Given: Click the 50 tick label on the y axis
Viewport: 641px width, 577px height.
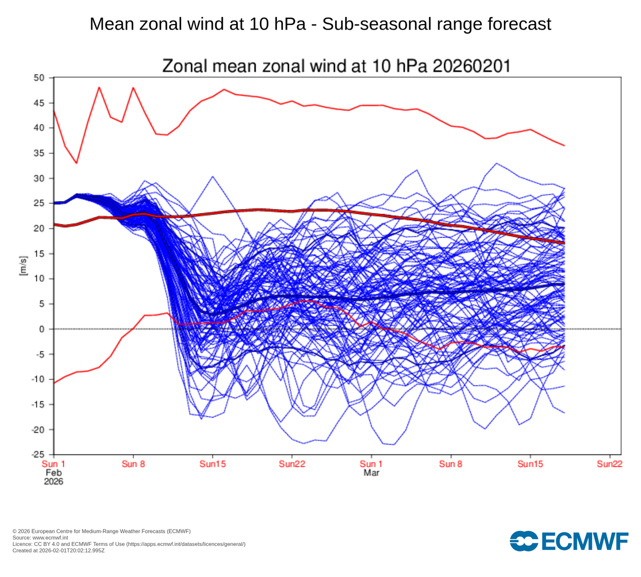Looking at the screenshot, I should pyautogui.click(x=39, y=78).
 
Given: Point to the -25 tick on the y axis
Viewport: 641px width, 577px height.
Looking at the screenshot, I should pyautogui.click(x=38, y=455).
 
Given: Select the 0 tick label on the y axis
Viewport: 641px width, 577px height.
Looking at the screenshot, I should pyautogui.click(x=42, y=329).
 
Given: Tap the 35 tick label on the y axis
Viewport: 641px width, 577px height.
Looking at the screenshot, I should pyautogui.click(x=39, y=153).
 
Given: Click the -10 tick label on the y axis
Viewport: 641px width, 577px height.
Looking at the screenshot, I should pyautogui.click(x=38, y=379).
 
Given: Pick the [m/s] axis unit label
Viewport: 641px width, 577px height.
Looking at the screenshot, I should pyautogui.click(x=23, y=266).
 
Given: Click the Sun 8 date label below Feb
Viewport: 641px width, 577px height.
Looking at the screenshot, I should pyautogui.click(x=133, y=464).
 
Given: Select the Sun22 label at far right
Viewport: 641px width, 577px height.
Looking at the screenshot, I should pyautogui.click(x=609, y=464).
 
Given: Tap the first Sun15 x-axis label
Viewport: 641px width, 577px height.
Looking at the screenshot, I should pyautogui.click(x=212, y=464).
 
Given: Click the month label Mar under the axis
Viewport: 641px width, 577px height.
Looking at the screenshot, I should pyautogui.click(x=371, y=473).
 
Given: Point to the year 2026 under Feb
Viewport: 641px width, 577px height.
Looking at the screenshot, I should pyautogui.click(x=54, y=481).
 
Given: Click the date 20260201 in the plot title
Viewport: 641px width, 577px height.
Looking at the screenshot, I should pyautogui.click(x=471, y=66).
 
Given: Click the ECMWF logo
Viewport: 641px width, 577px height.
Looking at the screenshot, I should pyautogui.click(x=569, y=541).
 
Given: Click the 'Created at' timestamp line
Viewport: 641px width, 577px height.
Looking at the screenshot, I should pyautogui.click(x=59, y=550).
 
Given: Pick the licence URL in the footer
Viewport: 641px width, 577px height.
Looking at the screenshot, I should pyautogui.click(x=186, y=544).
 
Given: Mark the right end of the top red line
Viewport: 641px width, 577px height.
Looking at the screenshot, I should pyautogui.click(x=564, y=146).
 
